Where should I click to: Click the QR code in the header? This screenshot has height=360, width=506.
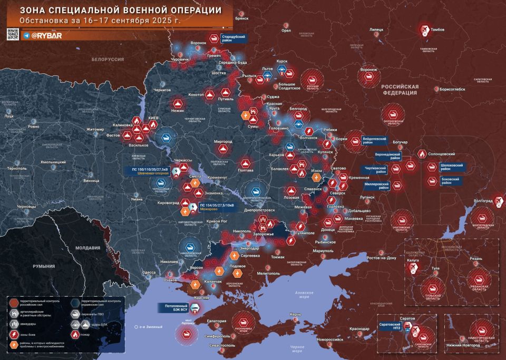pyautogui.click(x=13, y=35)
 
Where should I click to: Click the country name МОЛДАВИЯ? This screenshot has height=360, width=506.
pyautogui.click(x=87, y=248)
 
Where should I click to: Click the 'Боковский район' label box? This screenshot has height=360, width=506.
pyautogui.click(x=453, y=180)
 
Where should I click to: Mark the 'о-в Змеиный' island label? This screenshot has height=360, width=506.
pyautogui.click(x=145, y=327)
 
